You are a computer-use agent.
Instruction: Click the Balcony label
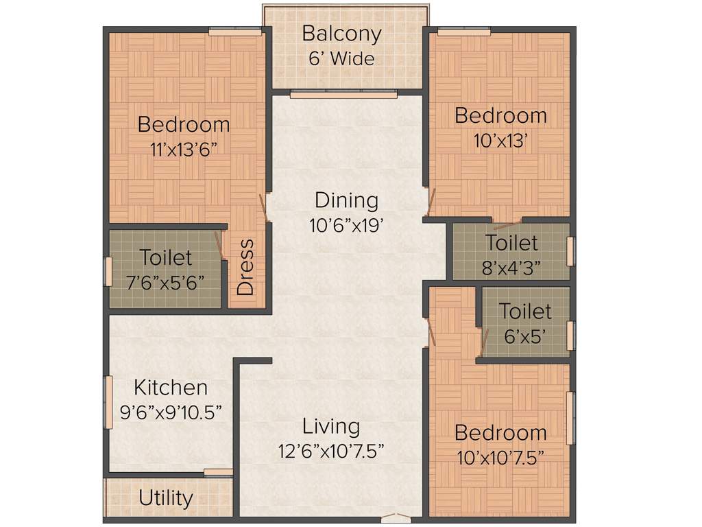coord(341,34)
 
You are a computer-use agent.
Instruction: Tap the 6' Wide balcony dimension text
coord(341,59)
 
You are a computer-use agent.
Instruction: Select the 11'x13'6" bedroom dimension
coord(184,150)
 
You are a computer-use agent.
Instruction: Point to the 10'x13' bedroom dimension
coord(500,140)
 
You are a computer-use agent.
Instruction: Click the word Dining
coord(346,200)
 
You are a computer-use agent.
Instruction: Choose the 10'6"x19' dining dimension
coord(346,225)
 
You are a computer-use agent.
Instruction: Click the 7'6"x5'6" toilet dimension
coord(166,282)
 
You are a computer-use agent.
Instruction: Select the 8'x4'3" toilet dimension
coord(511,267)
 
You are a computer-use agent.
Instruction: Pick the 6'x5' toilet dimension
coord(524,336)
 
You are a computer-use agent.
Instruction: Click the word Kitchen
coord(171,387)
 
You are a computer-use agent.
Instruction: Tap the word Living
coord(331,426)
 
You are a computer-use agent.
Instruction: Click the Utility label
coord(166,497)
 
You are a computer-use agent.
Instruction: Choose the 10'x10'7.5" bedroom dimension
coord(500,457)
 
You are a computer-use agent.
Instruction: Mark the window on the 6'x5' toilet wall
coord(570,336)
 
